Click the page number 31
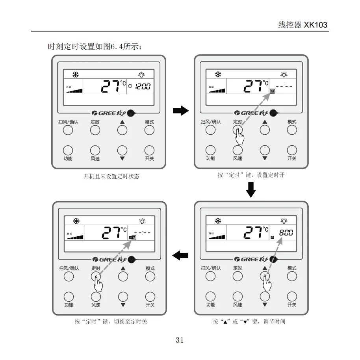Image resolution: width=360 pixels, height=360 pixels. point(180,340)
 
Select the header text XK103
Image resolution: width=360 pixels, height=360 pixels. point(315,25)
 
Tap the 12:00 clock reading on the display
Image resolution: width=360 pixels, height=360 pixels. point(143,86)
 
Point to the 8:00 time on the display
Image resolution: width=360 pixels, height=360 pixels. point(286,232)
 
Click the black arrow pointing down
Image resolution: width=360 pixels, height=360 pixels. point(251,191)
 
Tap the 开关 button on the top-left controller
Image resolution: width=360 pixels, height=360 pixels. point(149,150)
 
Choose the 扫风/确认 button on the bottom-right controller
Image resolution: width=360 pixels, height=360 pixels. point(211,276)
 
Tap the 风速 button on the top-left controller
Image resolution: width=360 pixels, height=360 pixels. point(95,150)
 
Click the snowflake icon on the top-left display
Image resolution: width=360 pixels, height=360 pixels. point(75,74)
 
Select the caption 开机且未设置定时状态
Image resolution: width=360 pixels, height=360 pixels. point(111,176)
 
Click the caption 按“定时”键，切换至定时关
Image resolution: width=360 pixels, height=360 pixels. point(111,322)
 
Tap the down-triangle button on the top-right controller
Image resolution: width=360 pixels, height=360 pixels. point(265,150)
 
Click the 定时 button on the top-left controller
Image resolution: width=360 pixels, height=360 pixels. point(95,130)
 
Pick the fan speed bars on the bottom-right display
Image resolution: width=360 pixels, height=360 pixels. point(217,237)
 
